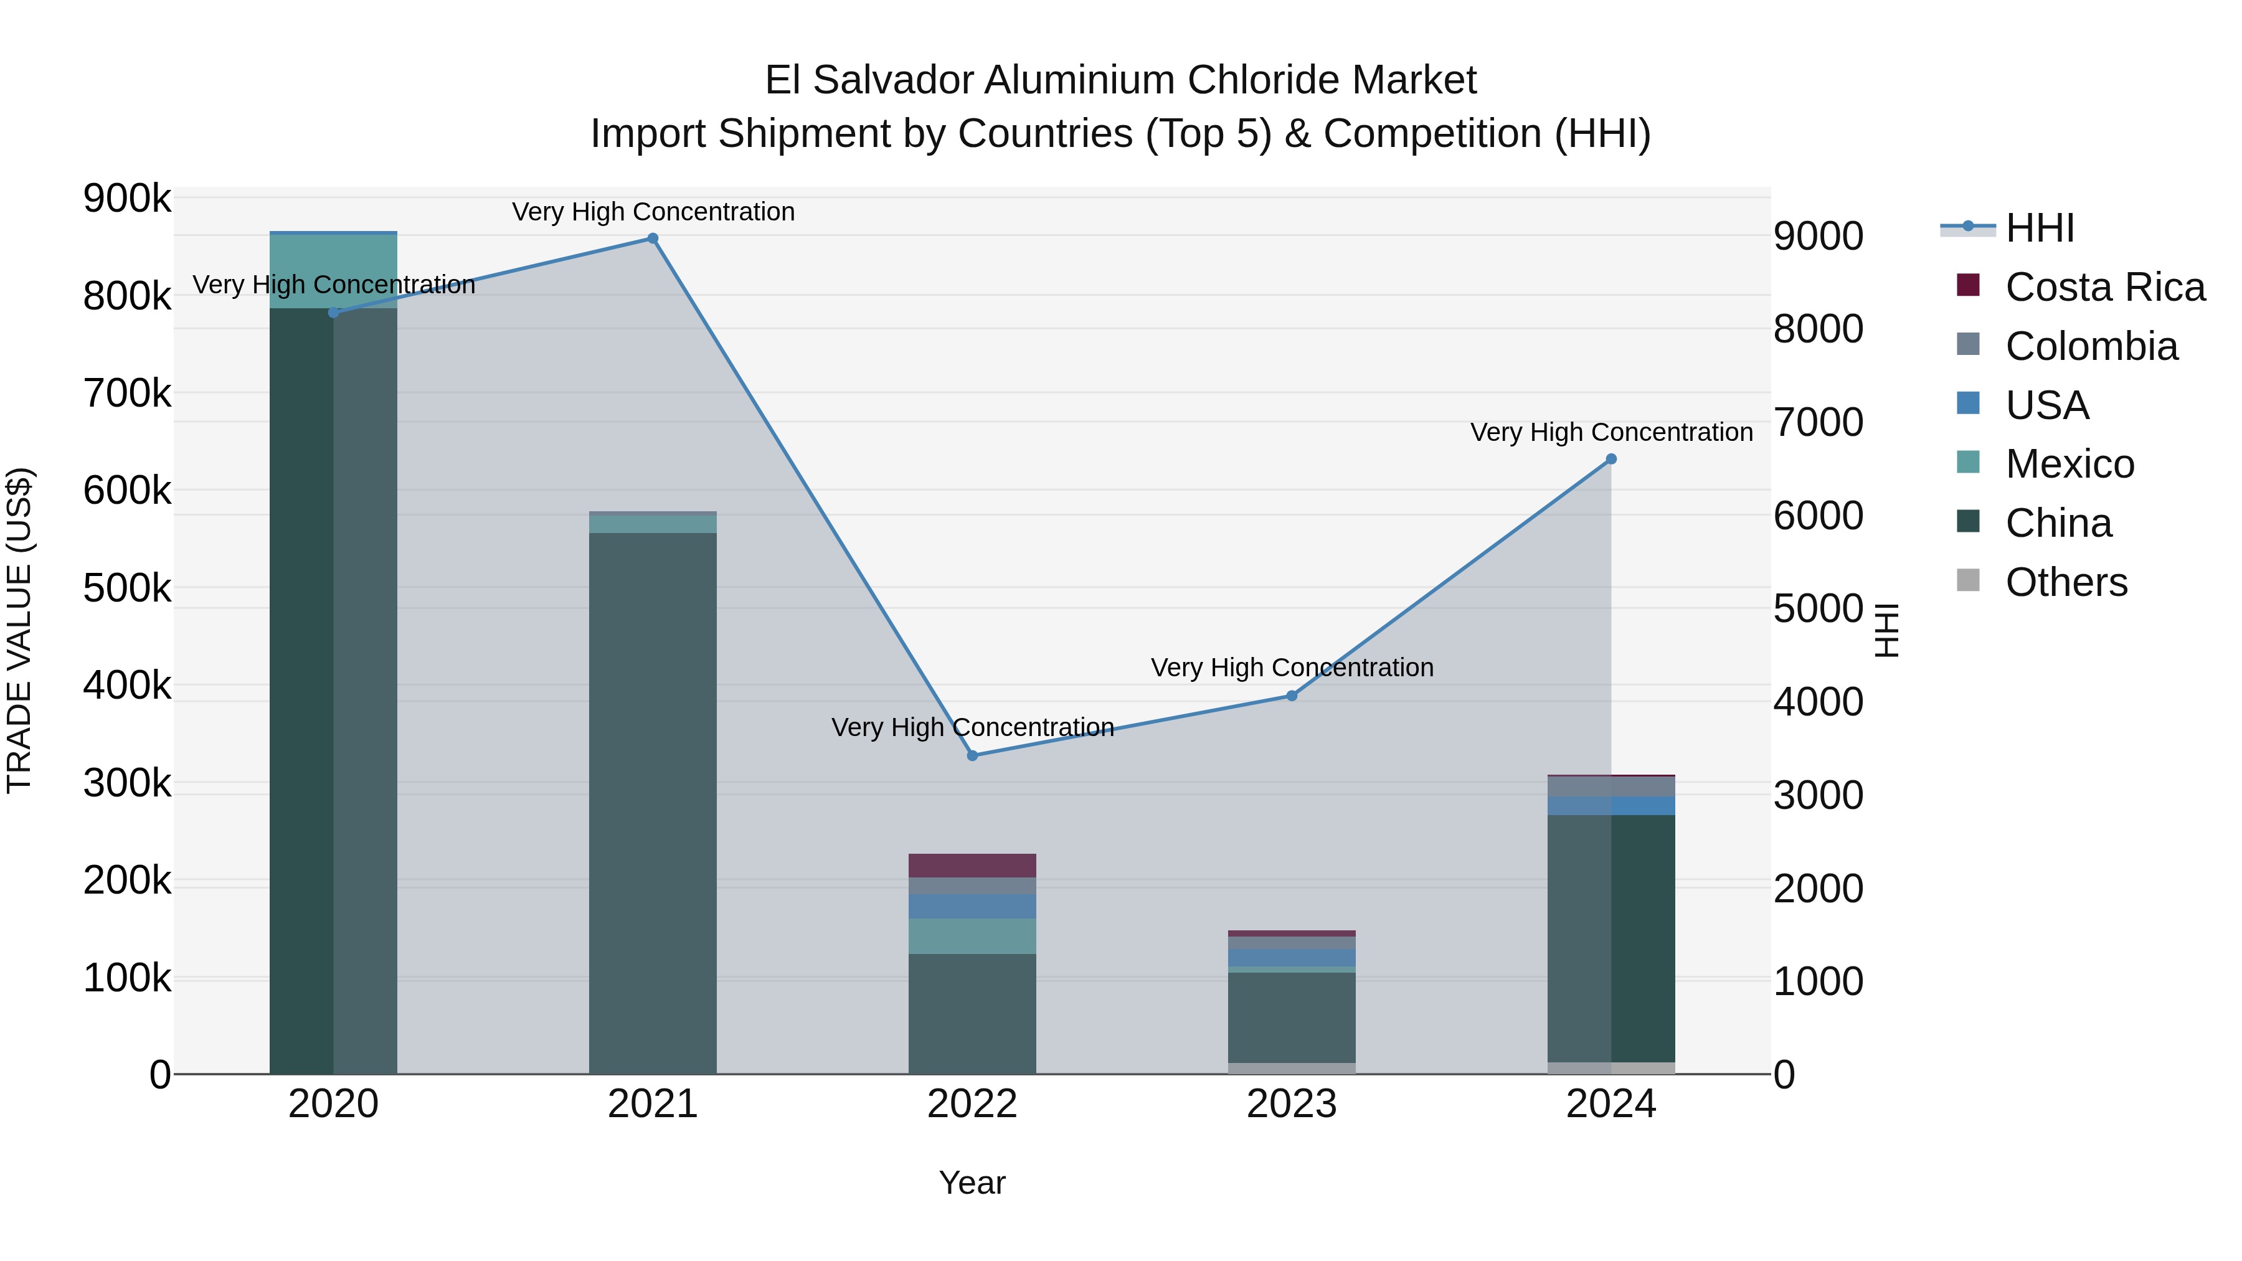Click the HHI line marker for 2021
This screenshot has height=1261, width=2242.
click(x=652, y=239)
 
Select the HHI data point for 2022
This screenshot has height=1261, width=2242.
click(x=972, y=755)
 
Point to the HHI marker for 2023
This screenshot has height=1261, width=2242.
click(x=1292, y=696)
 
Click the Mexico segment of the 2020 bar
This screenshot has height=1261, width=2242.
click(x=333, y=271)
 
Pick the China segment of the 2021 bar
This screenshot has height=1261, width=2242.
click(x=652, y=801)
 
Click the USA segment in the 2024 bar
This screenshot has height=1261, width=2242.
click(x=1611, y=805)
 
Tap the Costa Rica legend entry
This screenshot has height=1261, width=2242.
click(x=2104, y=287)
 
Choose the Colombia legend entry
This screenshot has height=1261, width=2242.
click(x=2091, y=346)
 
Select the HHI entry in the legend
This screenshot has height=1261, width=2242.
click(x=2039, y=228)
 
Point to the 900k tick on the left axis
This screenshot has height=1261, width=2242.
click(x=127, y=199)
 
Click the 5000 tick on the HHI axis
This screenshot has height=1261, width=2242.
click(x=1818, y=608)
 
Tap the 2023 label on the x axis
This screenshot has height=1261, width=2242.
click(x=1292, y=1104)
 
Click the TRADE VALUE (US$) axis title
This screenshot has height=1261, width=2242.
click(x=19, y=630)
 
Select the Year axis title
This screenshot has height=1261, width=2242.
click(x=972, y=1183)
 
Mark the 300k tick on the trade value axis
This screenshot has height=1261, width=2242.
click(x=127, y=783)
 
